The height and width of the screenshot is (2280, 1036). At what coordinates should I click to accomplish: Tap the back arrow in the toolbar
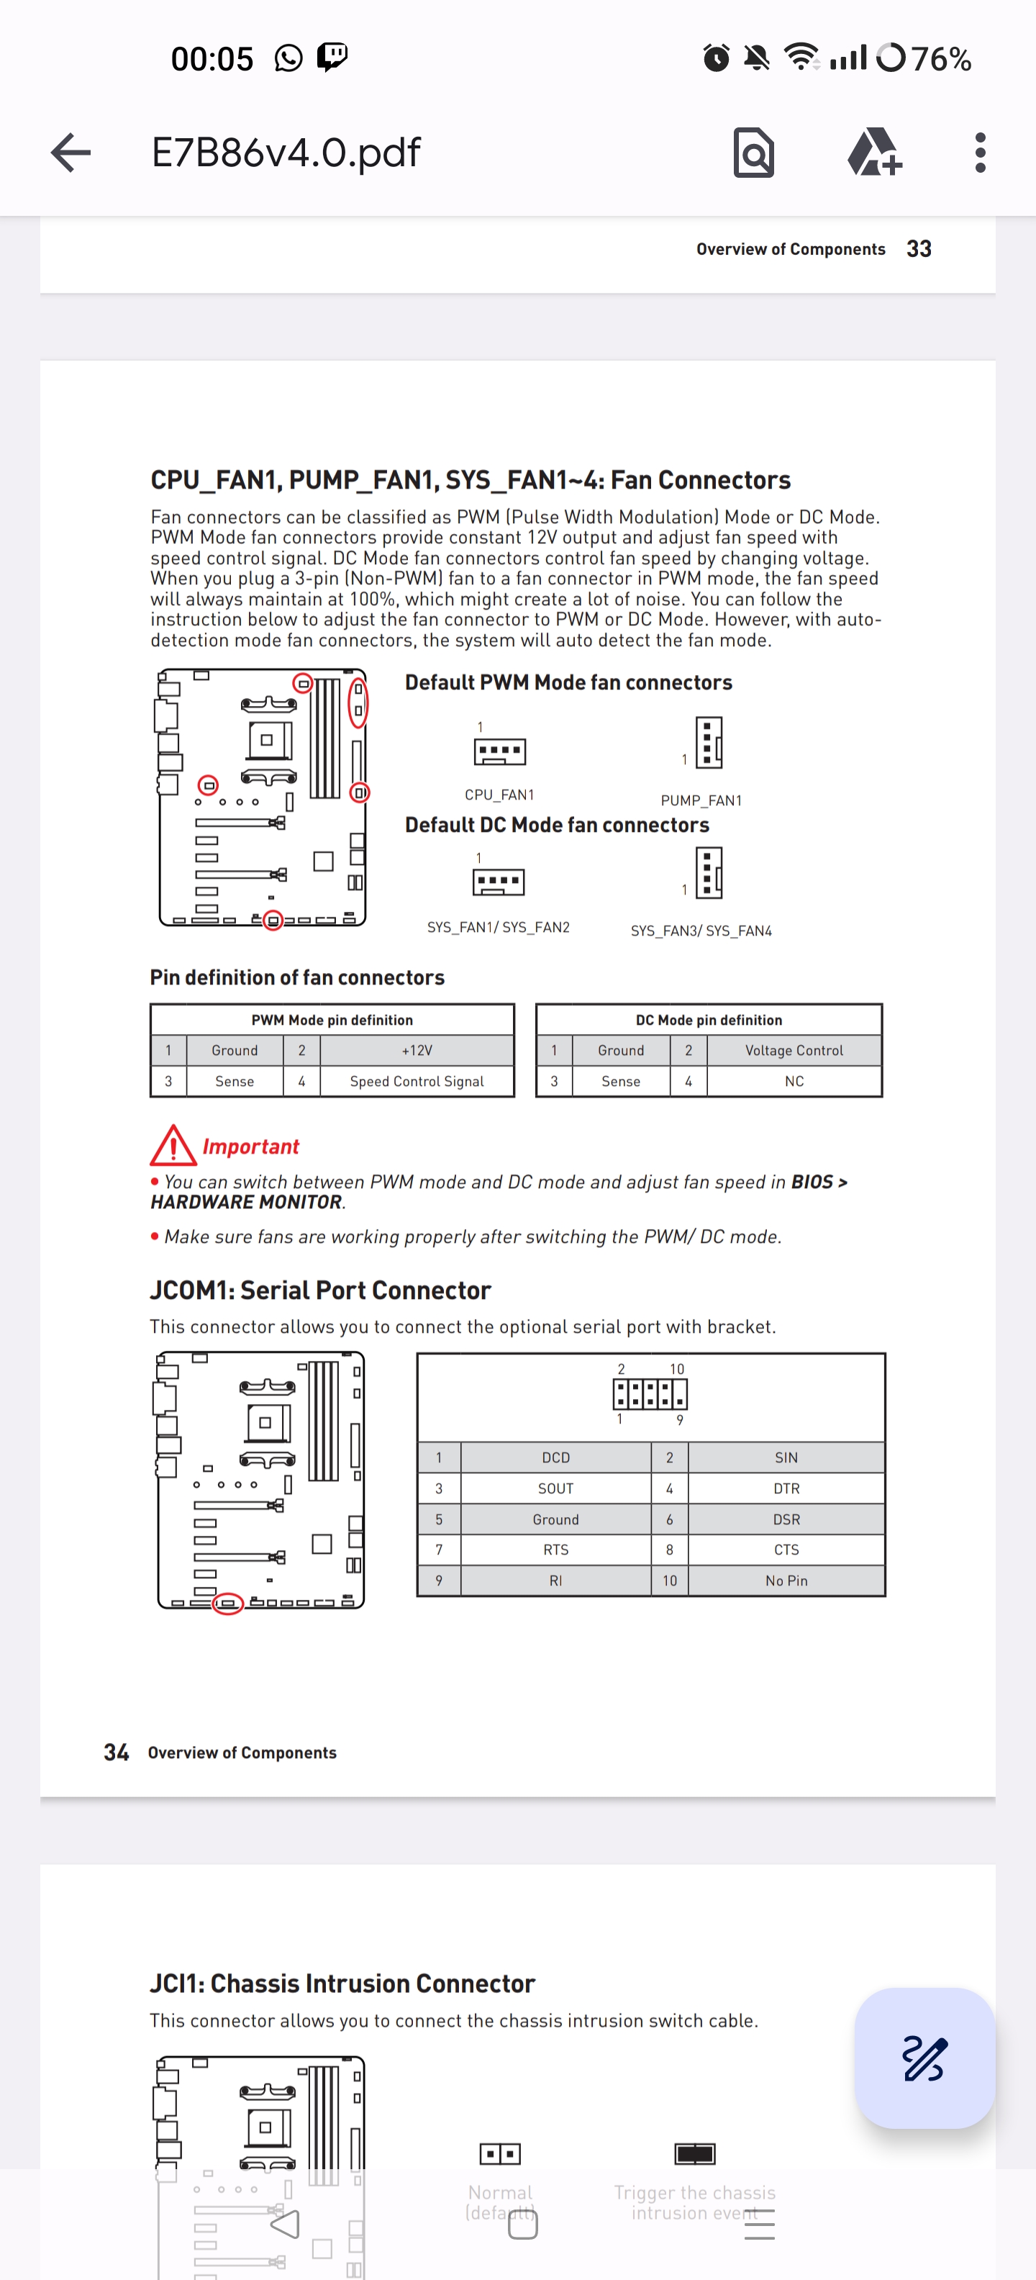coord(71,153)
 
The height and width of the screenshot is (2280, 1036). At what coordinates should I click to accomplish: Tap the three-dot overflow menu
coord(979,153)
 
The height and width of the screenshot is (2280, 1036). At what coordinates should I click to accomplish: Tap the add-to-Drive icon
coord(873,153)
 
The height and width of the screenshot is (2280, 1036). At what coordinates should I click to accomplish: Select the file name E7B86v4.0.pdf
coord(286,153)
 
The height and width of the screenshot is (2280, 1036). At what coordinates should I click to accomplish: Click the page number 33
coord(918,249)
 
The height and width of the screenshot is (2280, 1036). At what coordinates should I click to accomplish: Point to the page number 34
coord(116,1752)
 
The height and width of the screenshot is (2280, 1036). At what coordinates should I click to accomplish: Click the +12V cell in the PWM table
coord(417,1050)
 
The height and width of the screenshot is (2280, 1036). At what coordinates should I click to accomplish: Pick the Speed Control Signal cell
coord(417,1081)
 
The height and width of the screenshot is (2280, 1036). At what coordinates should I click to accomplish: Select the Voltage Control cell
coord(794,1050)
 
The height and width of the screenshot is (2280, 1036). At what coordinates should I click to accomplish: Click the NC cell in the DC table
coord(794,1081)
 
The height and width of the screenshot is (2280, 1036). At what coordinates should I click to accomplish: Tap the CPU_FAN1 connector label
coord(499,795)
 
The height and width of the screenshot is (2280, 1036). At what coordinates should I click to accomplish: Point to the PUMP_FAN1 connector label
coord(701,800)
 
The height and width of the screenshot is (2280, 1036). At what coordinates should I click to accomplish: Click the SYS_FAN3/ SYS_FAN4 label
coord(701,931)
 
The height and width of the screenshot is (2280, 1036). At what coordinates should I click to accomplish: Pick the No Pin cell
coord(786,1580)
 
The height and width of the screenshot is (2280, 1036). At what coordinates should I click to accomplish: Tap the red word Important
coord(250,1146)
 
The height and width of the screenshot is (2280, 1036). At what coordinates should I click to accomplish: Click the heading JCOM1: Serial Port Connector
coord(320,1290)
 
